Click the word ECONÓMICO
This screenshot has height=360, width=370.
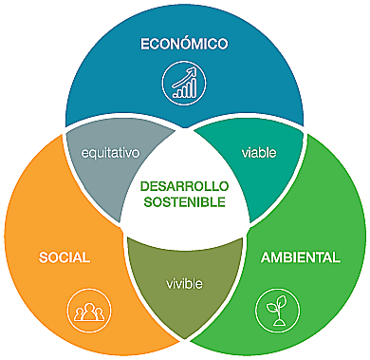tap(185, 44)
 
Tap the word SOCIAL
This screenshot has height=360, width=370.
tap(65, 256)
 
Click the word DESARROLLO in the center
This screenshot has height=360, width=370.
tap(185, 187)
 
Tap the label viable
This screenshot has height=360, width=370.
tap(254, 150)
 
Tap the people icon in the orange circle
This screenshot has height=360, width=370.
tap(83, 310)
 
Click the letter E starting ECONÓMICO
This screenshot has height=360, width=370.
tap(144, 44)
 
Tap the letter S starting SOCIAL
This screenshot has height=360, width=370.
tap(44, 256)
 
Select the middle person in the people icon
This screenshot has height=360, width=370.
tap(83, 309)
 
